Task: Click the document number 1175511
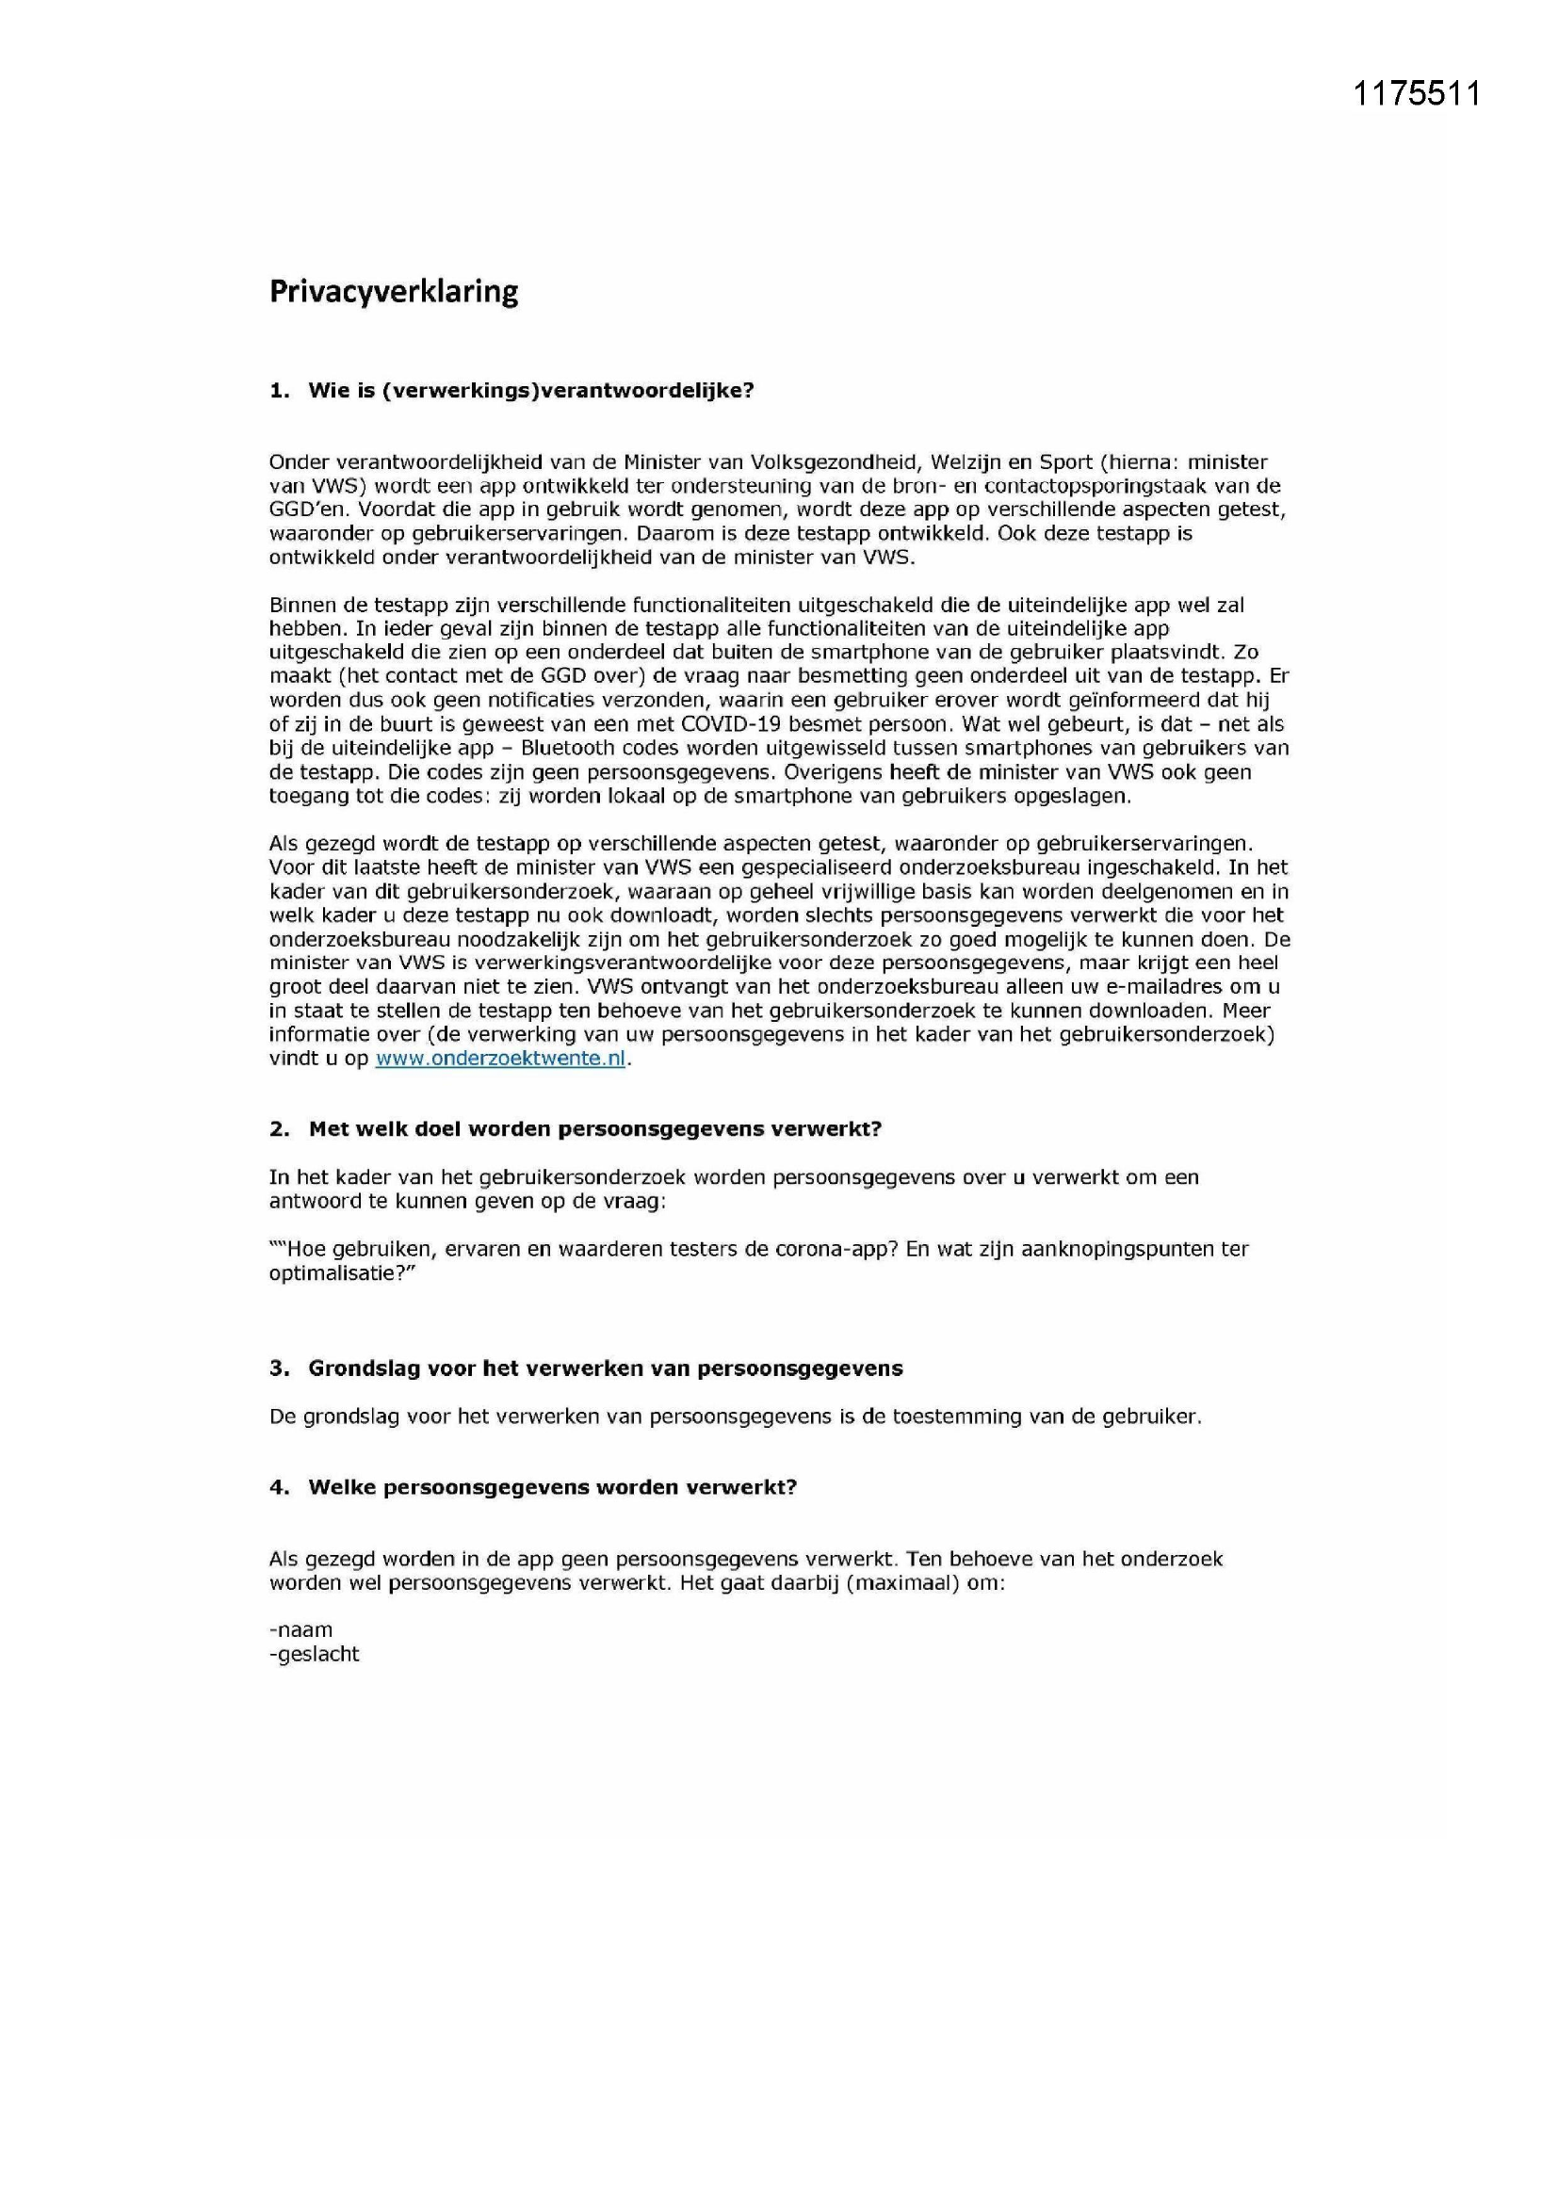click(x=1416, y=94)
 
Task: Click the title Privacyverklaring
click(x=394, y=292)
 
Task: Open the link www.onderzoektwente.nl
click(x=500, y=1059)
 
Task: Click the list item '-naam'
click(x=301, y=1630)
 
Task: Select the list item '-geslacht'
click(x=315, y=1655)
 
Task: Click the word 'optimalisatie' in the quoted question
click(x=336, y=1273)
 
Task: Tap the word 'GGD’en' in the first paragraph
click(x=301, y=510)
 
